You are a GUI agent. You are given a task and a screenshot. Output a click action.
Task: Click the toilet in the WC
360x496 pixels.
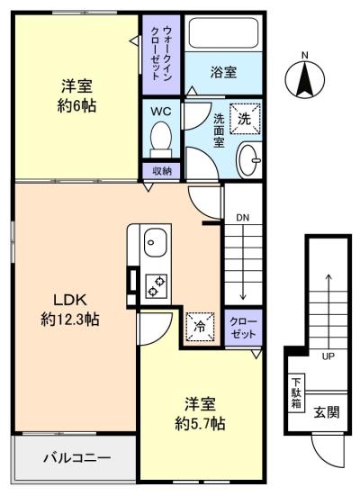pos(161,140)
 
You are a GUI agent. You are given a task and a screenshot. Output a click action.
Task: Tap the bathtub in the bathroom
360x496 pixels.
pos(223,33)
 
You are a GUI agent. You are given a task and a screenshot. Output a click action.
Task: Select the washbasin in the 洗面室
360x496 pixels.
pos(249,159)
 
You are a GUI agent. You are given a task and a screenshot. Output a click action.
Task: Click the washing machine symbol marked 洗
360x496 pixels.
pos(245,119)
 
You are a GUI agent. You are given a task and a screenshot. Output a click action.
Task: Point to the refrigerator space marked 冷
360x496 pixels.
pos(200,327)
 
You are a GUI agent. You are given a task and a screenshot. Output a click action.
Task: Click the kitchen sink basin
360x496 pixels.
pos(156,243)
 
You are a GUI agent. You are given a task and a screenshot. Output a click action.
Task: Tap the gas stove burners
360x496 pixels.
pos(157,286)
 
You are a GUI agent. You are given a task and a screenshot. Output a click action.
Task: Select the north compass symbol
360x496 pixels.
pos(304,77)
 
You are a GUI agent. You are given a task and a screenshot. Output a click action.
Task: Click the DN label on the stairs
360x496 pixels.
pos(243,218)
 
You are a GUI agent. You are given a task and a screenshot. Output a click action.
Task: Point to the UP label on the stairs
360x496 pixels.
pos(328,356)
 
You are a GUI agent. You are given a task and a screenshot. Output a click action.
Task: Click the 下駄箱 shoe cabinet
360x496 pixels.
pos(296,392)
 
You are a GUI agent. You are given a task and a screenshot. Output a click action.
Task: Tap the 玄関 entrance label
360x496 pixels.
pos(327,412)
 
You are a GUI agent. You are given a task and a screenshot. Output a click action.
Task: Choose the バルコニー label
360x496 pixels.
pos(76,457)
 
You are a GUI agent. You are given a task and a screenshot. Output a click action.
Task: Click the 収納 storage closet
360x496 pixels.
pos(162,171)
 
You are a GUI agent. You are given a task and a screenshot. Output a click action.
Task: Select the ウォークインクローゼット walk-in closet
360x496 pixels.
pos(161,55)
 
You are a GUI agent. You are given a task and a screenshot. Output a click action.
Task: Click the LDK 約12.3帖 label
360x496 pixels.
pos(70,310)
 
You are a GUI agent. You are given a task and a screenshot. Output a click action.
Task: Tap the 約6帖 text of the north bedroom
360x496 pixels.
pos(76,106)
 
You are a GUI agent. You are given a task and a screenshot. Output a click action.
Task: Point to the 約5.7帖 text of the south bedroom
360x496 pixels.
pos(200,423)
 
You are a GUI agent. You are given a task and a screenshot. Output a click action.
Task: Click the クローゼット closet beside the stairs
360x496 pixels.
pos(243,328)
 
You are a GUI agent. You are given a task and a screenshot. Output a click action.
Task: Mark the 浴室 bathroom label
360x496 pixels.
pos(223,72)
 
